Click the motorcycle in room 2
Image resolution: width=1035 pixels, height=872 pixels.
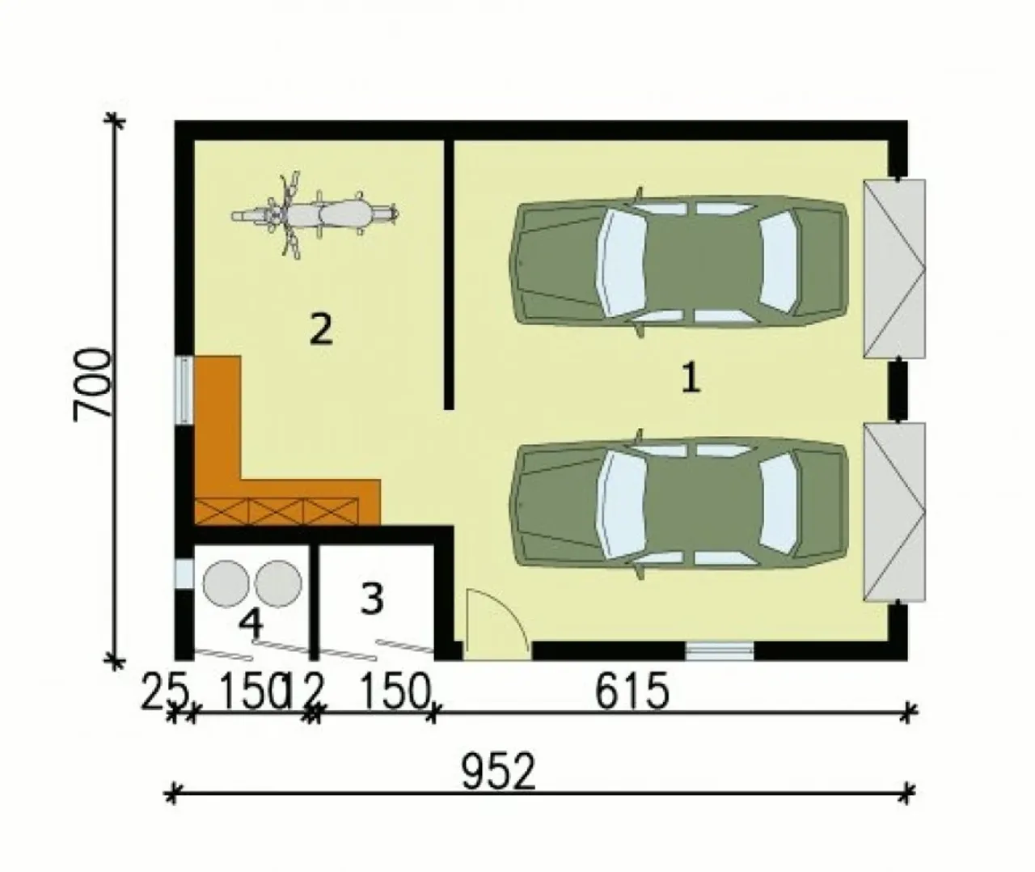pyautogui.click(x=315, y=215)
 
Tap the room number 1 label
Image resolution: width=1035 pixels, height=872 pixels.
pyautogui.click(x=691, y=378)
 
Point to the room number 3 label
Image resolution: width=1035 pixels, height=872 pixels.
pyautogui.click(x=372, y=599)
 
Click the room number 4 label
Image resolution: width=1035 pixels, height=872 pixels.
pyautogui.click(x=251, y=624)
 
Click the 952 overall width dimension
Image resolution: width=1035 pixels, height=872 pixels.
pyautogui.click(x=499, y=772)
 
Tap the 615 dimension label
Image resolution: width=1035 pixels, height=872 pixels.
pyautogui.click(x=632, y=692)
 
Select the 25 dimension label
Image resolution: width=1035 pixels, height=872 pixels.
pyautogui.click(x=165, y=691)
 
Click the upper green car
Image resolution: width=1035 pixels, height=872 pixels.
pyautogui.click(x=678, y=261)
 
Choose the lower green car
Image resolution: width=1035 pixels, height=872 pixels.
pyautogui.click(x=678, y=504)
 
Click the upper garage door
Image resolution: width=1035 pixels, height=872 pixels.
pyautogui.click(x=894, y=269)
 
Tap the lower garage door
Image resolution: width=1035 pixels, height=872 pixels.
pyautogui.click(x=894, y=512)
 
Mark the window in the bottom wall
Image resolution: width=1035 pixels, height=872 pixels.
pyautogui.click(x=720, y=651)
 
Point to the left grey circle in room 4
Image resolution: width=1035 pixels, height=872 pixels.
pyautogui.click(x=226, y=584)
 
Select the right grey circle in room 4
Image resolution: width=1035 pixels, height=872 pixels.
pyautogui.click(x=278, y=584)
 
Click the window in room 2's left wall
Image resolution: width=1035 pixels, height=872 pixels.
pyautogui.click(x=184, y=391)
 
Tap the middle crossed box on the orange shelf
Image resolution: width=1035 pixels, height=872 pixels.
pyautogui.click(x=275, y=511)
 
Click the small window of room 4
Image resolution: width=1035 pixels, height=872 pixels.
pyautogui.click(x=184, y=574)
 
